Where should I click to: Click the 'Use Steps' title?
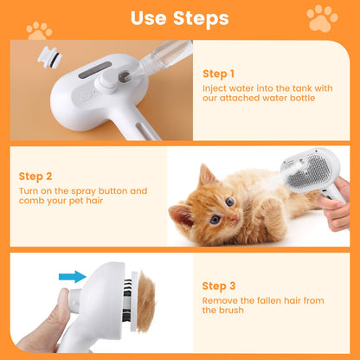pos(180,18)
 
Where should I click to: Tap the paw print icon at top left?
pos(39,29)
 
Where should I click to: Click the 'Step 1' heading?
pos(220,74)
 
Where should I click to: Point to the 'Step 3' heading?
pos(220,285)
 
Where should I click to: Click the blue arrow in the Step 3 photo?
pos(73,277)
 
